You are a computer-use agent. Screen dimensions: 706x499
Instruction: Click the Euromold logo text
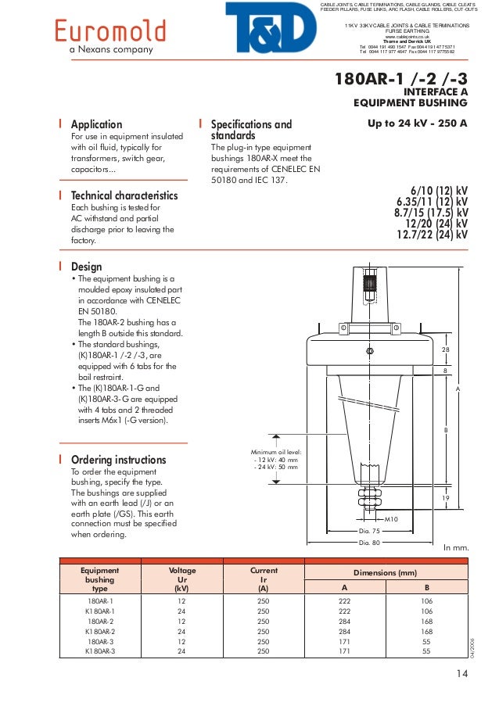pos(109,31)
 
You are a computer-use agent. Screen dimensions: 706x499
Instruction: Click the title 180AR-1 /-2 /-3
pos(401,79)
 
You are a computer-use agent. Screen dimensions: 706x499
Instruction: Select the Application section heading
pos(96,124)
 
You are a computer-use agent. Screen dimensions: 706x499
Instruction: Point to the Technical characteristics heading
pos(124,195)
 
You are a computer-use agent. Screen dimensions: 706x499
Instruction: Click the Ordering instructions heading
pos(118,460)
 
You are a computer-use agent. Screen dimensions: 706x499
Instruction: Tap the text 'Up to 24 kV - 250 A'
pos(417,124)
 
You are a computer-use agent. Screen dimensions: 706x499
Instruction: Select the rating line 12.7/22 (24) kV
pos(433,235)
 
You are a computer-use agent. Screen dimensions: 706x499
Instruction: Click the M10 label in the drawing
pos(392,518)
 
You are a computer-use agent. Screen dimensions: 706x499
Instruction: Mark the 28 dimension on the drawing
pos(446,349)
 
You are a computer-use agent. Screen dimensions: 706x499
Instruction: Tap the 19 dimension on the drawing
pos(446,498)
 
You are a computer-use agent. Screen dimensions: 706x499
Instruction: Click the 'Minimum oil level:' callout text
pos(276,452)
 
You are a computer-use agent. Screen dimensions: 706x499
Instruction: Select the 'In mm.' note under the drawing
pos(455,548)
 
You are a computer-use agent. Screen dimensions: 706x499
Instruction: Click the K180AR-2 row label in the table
pos(100,630)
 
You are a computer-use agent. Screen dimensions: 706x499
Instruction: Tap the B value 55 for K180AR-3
pos(427,650)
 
